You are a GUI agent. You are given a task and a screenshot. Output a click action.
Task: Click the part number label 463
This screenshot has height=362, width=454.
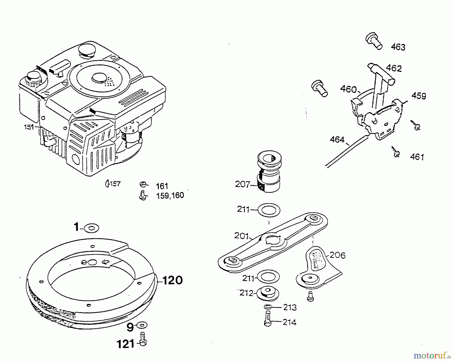click(398, 47)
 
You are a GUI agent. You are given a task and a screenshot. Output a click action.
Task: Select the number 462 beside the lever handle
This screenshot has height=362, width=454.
click(393, 68)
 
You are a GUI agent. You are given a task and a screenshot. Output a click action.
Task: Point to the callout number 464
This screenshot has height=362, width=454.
click(337, 139)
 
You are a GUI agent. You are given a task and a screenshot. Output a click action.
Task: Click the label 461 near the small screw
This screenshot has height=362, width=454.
click(417, 157)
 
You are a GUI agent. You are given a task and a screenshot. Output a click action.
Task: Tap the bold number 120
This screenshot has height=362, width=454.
click(173, 280)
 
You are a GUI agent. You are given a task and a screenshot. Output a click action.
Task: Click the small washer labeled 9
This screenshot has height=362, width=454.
click(142, 325)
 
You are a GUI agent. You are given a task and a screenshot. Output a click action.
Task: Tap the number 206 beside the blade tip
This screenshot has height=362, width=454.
click(337, 256)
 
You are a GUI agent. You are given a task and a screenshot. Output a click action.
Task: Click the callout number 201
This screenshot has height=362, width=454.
click(241, 236)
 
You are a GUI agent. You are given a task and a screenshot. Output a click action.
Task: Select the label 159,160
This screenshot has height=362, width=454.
click(170, 196)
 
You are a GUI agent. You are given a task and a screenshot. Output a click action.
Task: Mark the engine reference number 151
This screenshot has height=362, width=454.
click(29, 127)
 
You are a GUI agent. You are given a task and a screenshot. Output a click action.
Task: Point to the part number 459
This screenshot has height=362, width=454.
click(419, 96)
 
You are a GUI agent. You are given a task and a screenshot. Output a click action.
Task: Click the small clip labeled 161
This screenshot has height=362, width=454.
click(143, 185)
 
